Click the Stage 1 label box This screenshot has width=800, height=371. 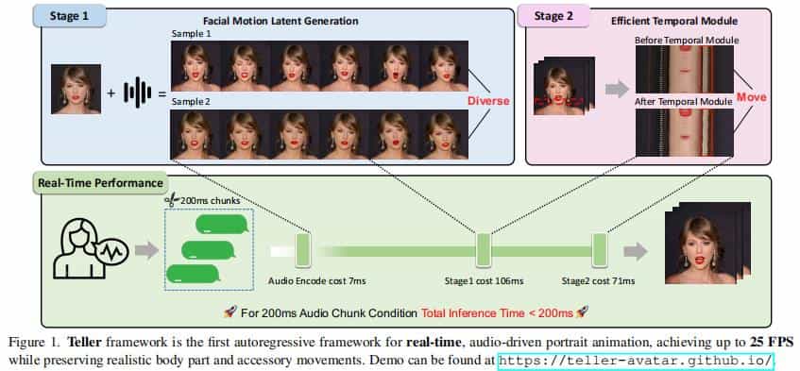pos(65,17)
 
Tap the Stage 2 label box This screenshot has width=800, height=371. pos(552,17)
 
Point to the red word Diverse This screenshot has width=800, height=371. pos(487,100)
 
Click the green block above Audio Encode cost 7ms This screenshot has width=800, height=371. pos(304,250)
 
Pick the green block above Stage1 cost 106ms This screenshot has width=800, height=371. pos(483,250)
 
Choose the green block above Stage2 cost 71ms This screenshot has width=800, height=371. pos(597,250)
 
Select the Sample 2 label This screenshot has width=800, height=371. pos(192,102)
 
